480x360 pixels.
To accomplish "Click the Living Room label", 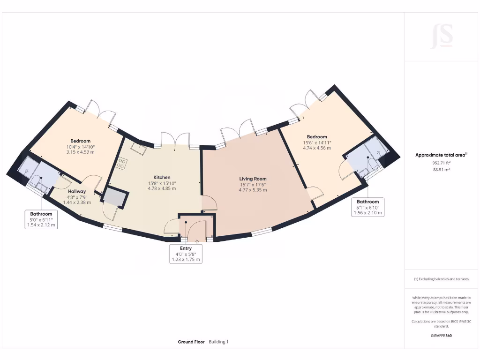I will tap(253, 179).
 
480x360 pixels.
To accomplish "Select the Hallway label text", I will tap(76, 191).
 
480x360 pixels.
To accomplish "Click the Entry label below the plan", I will tap(186, 248).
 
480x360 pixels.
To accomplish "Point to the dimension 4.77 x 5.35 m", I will tap(253, 190).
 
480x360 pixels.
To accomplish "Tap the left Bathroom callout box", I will tap(42, 219).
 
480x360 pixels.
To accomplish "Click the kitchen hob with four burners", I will tap(121, 164).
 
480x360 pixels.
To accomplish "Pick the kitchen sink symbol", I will tap(138, 148).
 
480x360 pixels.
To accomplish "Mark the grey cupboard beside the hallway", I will tap(115, 198).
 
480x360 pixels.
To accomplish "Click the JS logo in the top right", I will tap(442, 37).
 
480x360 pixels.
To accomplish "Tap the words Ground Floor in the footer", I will tap(191, 342).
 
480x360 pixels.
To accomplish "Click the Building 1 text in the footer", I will tap(218, 342).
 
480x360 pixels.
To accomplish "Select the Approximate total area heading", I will tap(440, 155).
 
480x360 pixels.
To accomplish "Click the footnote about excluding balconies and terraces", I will tap(441, 279).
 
